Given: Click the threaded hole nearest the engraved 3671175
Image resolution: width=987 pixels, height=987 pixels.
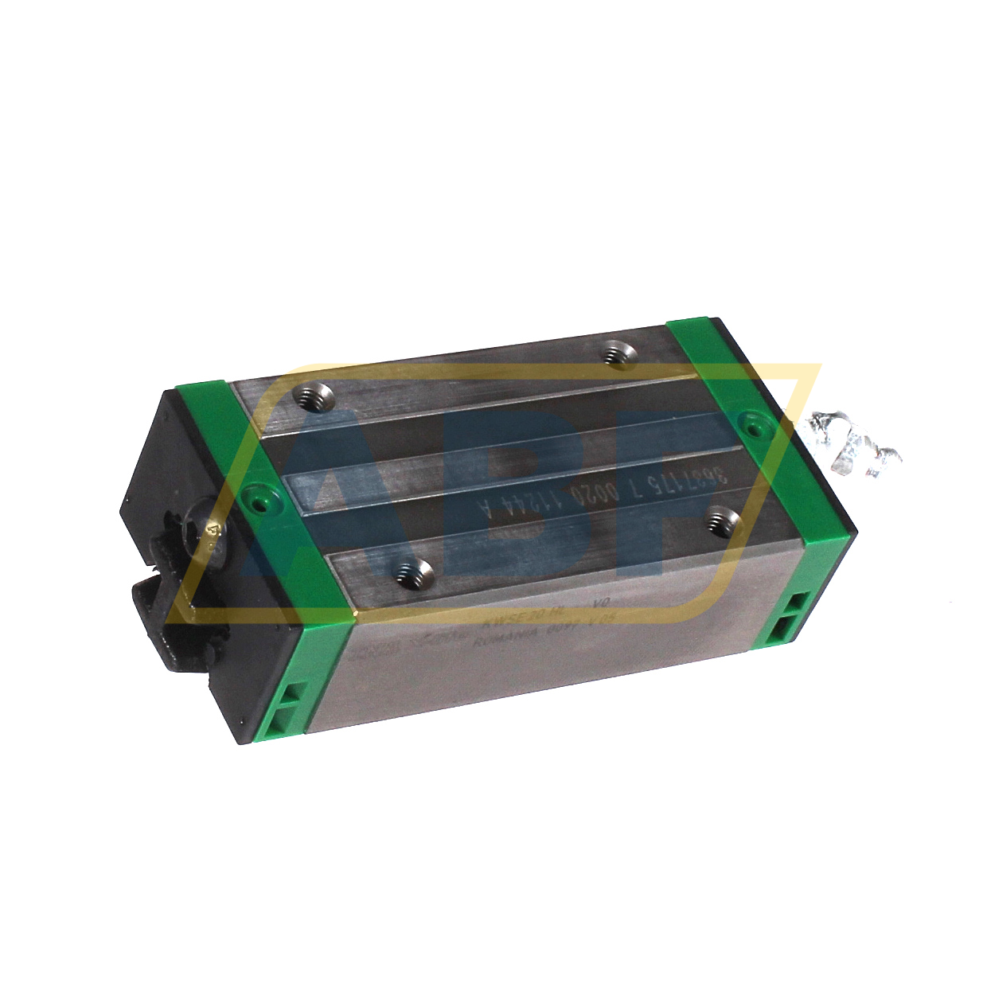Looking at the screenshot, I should (723, 521).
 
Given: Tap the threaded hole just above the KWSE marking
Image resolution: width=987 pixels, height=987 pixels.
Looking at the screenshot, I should (412, 572).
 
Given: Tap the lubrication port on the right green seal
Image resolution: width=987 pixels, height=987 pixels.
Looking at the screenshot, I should (752, 427).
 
